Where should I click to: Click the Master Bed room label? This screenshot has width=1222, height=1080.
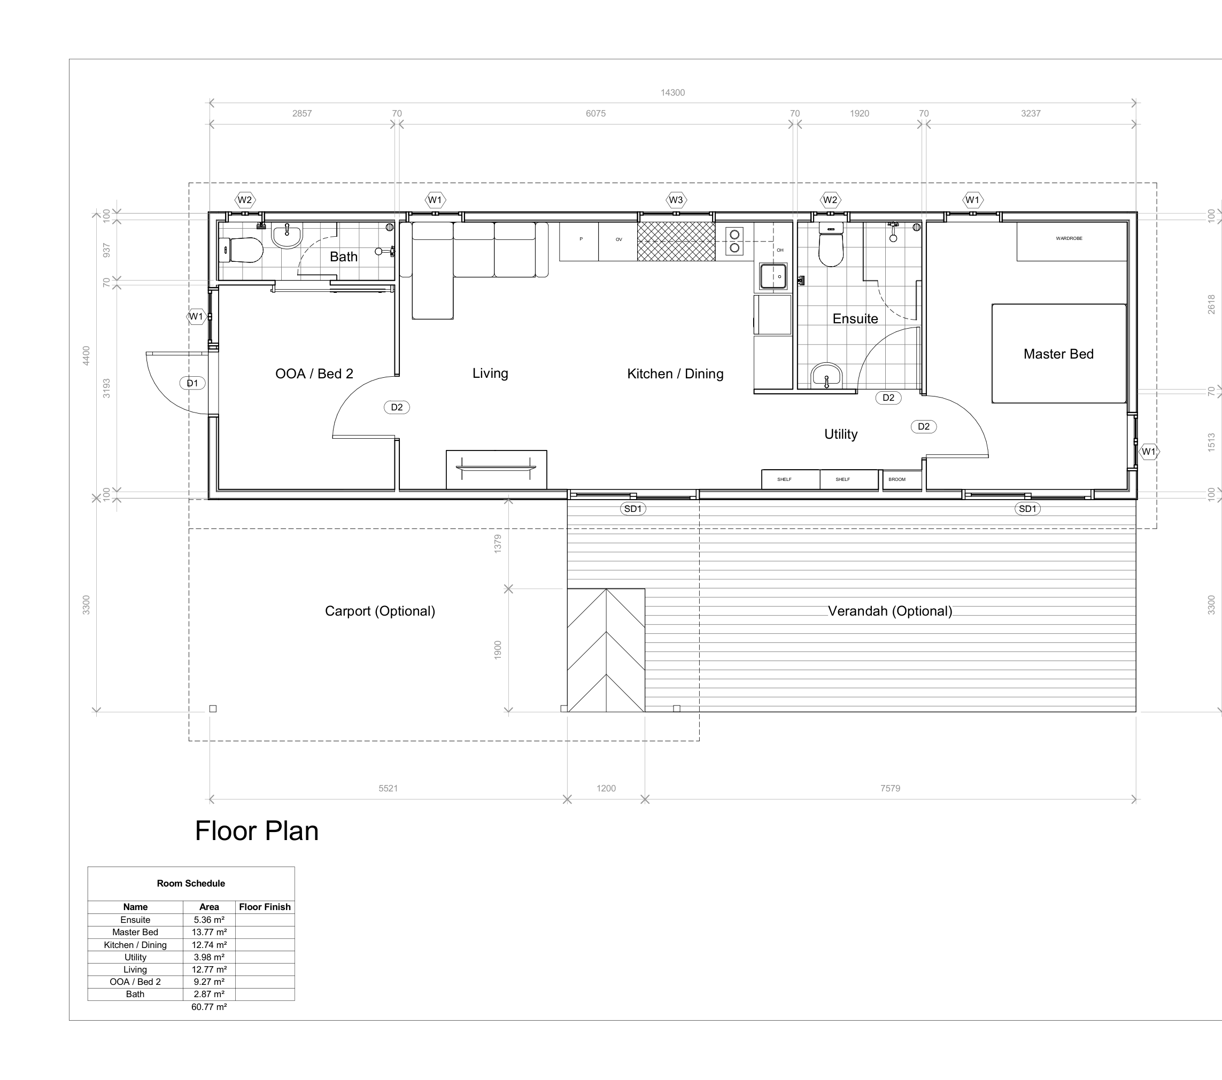(1058, 354)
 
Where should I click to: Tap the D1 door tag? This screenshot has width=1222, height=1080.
(192, 383)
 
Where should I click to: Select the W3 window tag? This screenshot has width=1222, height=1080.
(676, 200)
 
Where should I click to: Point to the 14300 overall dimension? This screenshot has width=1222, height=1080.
(672, 92)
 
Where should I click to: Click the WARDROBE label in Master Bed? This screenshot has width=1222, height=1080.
(1069, 238)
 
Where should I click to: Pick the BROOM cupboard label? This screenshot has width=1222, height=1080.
(897, 479)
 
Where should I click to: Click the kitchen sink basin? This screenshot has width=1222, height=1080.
(773, 276)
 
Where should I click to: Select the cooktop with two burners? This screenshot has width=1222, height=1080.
(735, 241)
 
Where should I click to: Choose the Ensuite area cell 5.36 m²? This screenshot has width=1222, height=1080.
(209, 920)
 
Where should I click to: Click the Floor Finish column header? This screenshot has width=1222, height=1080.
(265, 907)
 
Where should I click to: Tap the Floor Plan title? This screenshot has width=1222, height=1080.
(257, 831)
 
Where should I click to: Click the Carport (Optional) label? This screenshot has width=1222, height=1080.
(380, 611)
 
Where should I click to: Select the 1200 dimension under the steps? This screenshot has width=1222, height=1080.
(606, 788)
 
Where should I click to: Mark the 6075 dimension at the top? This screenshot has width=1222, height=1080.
(596, 114)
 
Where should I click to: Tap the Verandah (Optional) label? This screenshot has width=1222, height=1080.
(890, 611)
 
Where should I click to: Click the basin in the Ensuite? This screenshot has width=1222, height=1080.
(826, 376)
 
